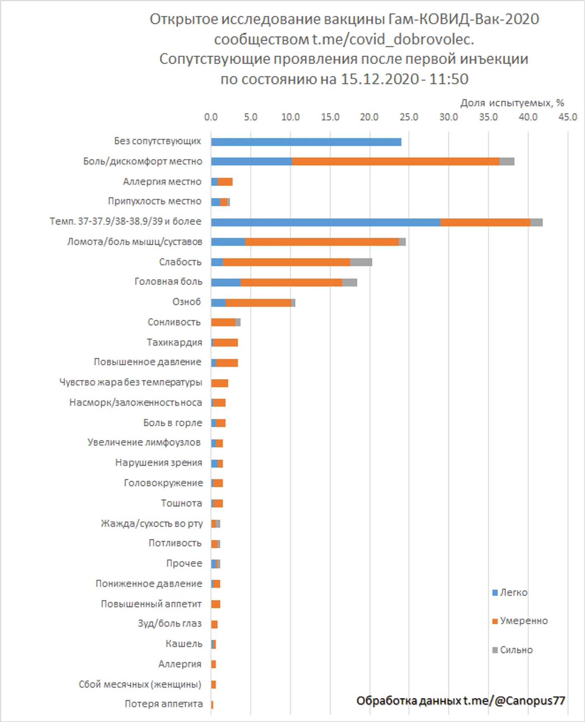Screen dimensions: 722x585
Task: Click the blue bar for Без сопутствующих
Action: coord(306,142)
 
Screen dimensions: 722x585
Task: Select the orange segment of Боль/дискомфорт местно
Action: coord(395,161)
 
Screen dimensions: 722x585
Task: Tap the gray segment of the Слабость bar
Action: coord(361,262)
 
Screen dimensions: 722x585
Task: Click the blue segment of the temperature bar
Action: coord(325,222)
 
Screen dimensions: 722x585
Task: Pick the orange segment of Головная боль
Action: coord(291,282)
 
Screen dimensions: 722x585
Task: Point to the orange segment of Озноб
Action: coord(258,303)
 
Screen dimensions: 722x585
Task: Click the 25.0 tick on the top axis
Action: coord(409,117)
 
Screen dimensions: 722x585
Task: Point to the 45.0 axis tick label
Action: coord(567,117)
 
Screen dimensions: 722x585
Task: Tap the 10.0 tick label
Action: coord(290,117)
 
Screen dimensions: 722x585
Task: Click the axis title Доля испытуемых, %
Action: coord(512,103)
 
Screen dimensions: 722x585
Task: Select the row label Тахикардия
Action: coord(174,342)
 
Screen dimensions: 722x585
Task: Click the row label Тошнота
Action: coord(181,503)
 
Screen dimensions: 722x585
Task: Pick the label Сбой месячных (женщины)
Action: coord(140,684)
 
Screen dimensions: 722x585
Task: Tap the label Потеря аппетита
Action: coord(163,704)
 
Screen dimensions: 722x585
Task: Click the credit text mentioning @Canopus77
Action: coord(460,701)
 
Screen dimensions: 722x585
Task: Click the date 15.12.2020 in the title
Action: coord(380,79)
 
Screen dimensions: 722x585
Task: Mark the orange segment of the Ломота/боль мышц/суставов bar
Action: coord(322,242)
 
